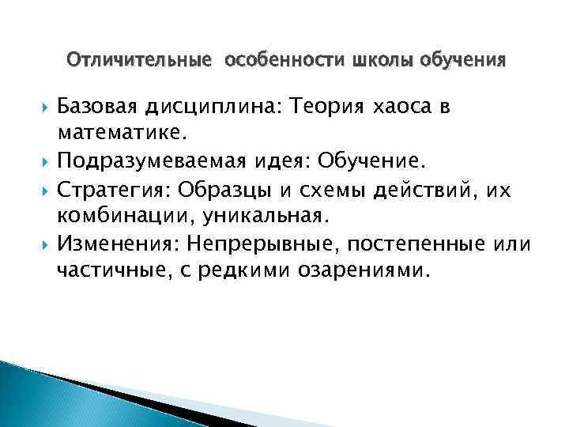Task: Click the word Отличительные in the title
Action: click(x=139, y=59)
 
